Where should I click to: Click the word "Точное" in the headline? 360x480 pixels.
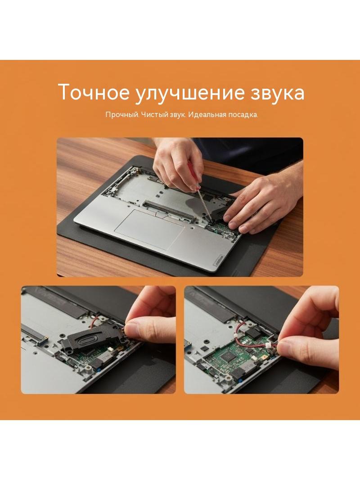pyautogui.click(x=94, y=92)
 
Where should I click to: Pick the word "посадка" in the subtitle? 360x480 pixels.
pyautogui.click(x=243, y=115)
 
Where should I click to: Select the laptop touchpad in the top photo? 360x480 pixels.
pyautogui.click(x=149, y=228)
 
